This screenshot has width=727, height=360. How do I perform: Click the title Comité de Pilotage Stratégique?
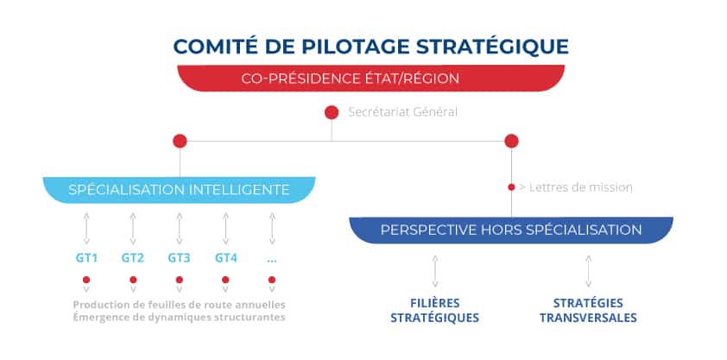tap(371, 47)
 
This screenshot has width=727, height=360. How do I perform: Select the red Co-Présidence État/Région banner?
tap(371, 78)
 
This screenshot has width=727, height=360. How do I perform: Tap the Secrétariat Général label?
tap(403, 112)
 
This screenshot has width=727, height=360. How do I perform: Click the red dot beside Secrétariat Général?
tap(332, 112)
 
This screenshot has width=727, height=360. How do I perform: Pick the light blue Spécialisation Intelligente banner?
tap(179, 190)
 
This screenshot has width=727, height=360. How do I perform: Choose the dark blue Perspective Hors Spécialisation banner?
tap(511, 230)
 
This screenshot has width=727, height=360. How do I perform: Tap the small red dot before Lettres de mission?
tap(511, 187)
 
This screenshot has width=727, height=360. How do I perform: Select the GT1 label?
tap(86, 258)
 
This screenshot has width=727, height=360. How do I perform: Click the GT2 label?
tap(133, 258)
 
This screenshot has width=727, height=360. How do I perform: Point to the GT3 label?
tap(179, 258)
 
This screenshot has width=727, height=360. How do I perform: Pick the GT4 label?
tap(226, 258)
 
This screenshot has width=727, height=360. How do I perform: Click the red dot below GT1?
tap(86, 280)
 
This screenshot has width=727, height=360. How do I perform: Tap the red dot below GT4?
tap(225, 280)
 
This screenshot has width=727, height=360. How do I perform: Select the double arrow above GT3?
tap(180, 229)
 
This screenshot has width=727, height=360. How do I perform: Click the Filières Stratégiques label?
tap(435, 311)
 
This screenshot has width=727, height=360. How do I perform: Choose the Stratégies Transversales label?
tap(588, 311)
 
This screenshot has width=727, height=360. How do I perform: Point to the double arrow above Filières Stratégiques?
tap(435, 271)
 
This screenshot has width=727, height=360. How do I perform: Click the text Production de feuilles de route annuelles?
tap(179, 305)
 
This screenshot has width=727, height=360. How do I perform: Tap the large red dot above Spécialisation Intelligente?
tap(180, 141)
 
